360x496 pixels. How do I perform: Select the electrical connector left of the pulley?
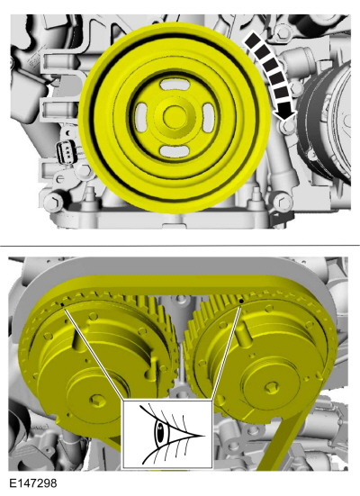tap(66, 150)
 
